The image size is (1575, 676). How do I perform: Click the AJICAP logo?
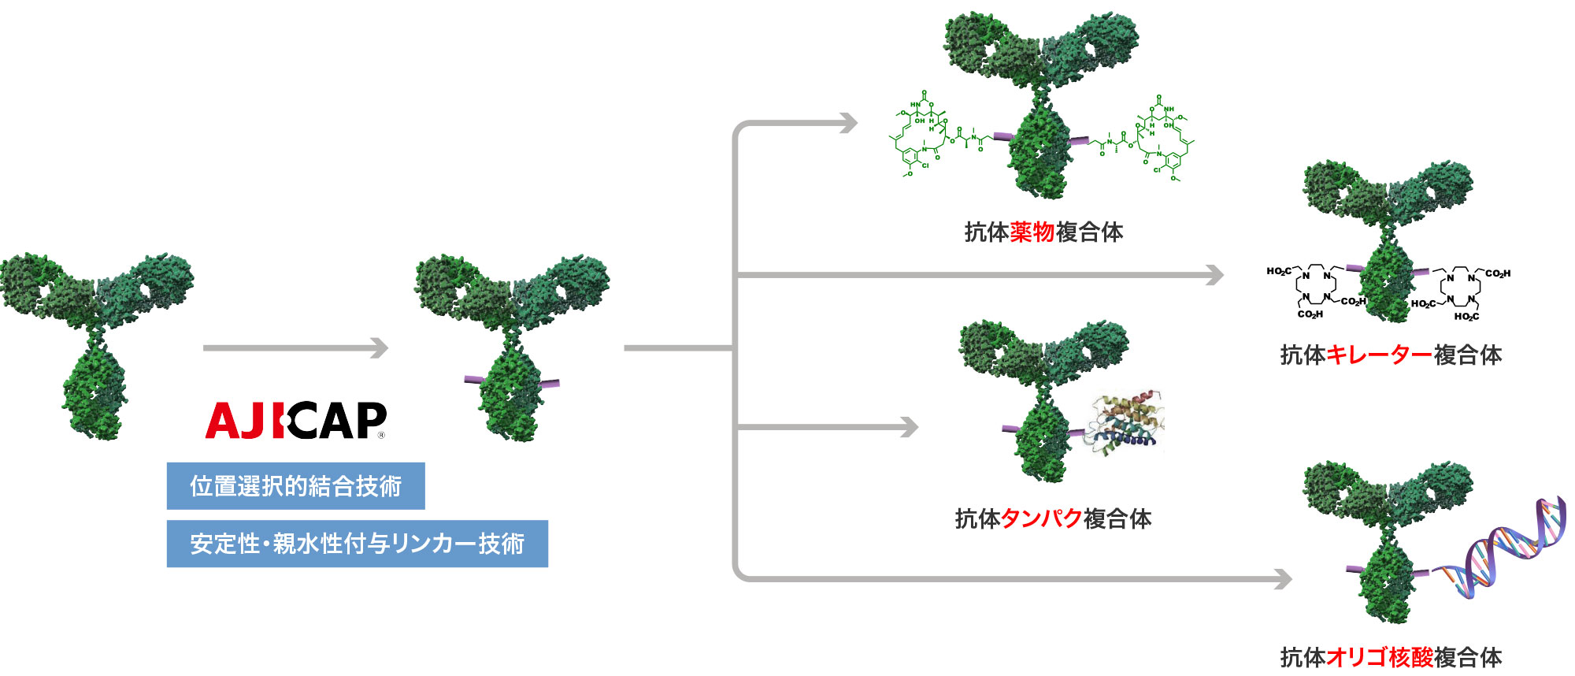[295, 420]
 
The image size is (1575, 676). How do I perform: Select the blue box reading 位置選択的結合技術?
[295, 485]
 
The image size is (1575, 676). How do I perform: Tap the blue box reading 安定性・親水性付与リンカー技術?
[357, 543]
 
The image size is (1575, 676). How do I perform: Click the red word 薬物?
[1032, 232]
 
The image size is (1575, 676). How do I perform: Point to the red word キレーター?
[1379, 355]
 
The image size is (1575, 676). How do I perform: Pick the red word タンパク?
[1041, 518]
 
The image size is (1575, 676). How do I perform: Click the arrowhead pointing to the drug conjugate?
[849, 123]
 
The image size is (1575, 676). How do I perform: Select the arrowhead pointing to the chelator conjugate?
[1216, 275]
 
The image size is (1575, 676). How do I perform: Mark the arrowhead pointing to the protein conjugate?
[910, 427]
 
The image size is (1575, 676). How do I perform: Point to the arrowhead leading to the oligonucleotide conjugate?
[1284, 579]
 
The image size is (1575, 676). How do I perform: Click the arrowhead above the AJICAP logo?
[380, 347]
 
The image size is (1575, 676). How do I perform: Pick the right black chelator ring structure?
[1461, 292]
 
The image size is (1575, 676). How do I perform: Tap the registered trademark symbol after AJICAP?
[382, 434]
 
